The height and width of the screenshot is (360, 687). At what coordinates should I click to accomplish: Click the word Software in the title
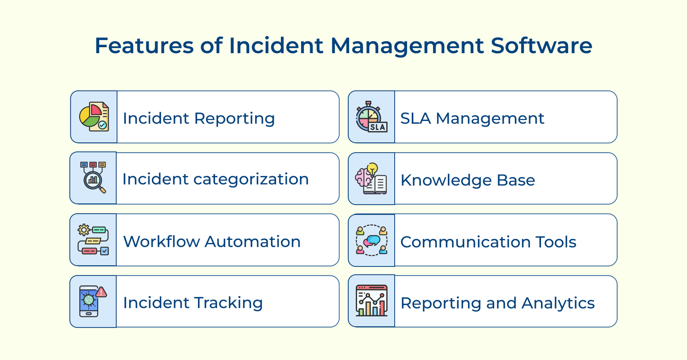pyautogui.click(x=541, y=45)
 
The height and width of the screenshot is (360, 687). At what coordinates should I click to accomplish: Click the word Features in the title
pyautogui.click(x=144, y=45)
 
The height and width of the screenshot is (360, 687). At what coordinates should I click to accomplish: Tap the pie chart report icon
pyautogui.click(x=94, y=117)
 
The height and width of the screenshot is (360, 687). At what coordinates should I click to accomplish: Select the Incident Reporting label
pyautogui.click(x=199, y=118)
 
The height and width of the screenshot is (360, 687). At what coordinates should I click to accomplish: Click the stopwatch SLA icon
pyautogui.click(x=371, y=117)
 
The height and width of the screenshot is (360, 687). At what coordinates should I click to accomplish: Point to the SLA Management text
pyautogui.click(x=472, y=118)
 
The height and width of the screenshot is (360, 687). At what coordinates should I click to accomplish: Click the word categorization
pyautogui.click(x=251, y=179)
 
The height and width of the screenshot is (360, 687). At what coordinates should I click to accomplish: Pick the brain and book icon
pyautogui.click(x=371, y=178)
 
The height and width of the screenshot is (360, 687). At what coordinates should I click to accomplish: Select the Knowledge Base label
pyautogui.click(x=468, y=180)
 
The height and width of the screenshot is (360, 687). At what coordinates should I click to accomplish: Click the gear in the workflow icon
pyautogui.click(x=84, y=230)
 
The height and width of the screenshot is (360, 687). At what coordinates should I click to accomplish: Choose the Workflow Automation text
pyautogui.click(x=212, y=242)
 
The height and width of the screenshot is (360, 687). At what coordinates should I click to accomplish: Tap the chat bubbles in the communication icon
pyautogui.click(x=372, y=241)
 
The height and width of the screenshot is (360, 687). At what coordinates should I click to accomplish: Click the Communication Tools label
pyautogui.click(x=488, y=242)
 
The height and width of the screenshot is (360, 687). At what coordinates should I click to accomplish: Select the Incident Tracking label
pyautogui.click(x=193, y=303)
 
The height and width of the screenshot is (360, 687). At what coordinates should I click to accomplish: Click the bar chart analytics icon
pyautogui.click(x=371, y=300)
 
